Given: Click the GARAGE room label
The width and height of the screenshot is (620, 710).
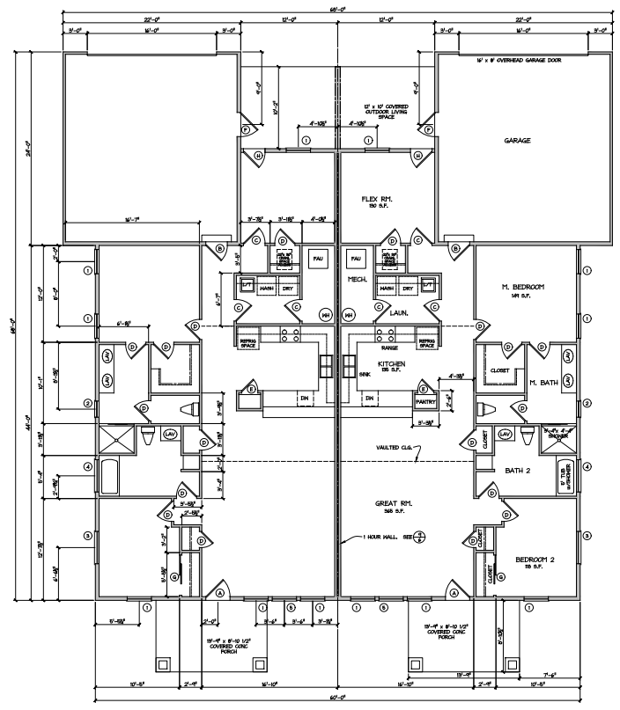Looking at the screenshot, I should [x=517, y=140].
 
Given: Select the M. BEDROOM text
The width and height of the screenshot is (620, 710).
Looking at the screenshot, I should [x=521, y=288].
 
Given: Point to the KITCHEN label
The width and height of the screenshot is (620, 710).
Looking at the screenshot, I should [x=392, y=363].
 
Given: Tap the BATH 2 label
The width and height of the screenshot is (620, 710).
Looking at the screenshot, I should [x=520, y=471].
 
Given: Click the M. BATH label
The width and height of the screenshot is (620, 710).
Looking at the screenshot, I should [x=545, y=382].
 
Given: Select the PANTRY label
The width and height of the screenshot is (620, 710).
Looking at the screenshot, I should [x=426, y=400].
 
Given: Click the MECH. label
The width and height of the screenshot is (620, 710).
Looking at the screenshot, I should [x=357, y=281].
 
